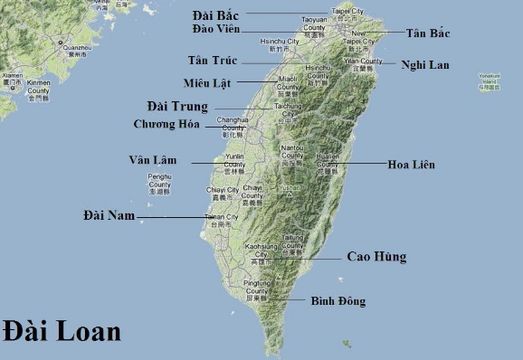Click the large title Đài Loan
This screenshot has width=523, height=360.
62,330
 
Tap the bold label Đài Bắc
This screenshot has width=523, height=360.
216,14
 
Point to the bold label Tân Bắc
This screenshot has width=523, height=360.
428,33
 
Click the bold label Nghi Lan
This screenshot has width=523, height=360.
425,64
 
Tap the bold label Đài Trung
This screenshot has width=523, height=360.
178,107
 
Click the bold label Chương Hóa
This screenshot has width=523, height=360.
166,124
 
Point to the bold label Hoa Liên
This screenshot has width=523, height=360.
411,165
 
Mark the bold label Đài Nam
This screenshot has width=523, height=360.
109,215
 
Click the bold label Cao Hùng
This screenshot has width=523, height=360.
376,257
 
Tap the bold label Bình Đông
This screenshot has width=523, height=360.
338,300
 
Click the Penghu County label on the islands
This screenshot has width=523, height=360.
159,183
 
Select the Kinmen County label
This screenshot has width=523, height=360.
38,87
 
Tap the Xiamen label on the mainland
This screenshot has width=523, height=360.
12,79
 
